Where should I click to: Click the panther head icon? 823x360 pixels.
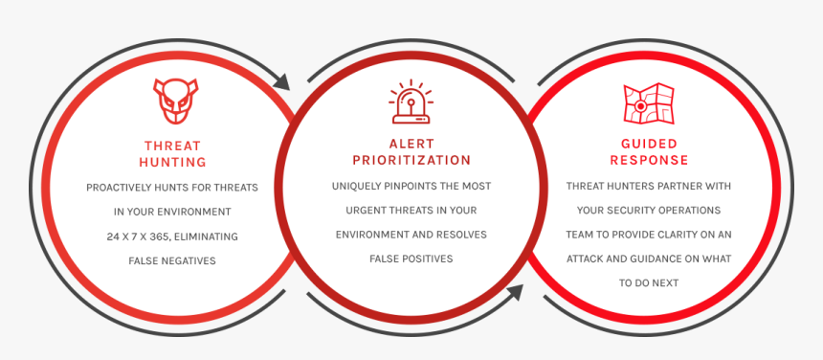tap(176, 101)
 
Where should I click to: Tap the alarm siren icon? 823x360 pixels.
tap(411, 101)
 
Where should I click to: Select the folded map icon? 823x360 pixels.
tap(649, 103)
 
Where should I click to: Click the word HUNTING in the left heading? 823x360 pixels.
tap(172, 162)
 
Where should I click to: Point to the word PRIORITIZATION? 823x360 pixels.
tap(411, 160)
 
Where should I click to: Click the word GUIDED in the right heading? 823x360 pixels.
tap(649, 144)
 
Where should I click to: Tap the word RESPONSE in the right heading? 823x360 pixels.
tap(649, 160)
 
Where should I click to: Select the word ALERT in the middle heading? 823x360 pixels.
tap(411, 144)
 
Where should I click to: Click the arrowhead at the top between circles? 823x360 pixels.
tap(282, 82)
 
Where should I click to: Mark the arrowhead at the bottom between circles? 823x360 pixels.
tap(516, 292)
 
